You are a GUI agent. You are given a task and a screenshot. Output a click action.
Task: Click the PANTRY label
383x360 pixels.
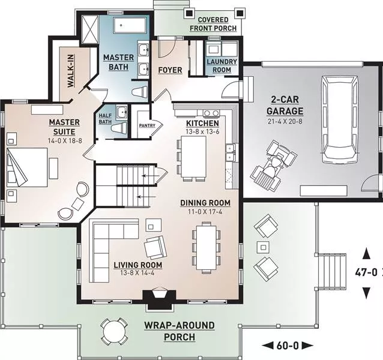[x=147, y=125]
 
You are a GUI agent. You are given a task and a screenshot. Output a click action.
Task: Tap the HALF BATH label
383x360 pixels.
[x=105, y=119]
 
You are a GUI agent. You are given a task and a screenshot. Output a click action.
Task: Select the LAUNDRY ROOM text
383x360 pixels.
[x=222, y=65]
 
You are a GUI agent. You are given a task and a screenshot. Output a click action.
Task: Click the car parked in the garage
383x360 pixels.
[x=340, y=119]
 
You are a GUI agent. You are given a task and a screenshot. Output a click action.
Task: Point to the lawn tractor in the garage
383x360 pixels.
[x=274, y=166]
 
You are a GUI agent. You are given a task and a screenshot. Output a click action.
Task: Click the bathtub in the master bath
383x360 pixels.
[x=130, y=25]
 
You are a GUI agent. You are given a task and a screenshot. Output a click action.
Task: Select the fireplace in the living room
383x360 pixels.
[x=159, y=299]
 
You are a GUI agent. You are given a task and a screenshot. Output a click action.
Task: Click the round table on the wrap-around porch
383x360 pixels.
[x=115, y=331]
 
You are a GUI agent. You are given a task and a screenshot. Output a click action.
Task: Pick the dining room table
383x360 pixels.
[x=207, y=247]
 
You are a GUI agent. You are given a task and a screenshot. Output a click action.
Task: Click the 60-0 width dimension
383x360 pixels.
[x=288, y=346]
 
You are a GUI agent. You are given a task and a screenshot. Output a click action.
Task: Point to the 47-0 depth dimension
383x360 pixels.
[x=366, y=272]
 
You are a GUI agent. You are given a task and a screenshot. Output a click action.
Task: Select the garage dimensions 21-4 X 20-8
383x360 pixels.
[x=285, y=121]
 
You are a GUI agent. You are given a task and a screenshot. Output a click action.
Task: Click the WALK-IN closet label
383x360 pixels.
[x=71, y=71]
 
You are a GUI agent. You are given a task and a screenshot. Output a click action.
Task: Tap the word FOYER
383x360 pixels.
[x=170, y=70]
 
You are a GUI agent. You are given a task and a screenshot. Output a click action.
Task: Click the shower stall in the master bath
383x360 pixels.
[x=89, y=29]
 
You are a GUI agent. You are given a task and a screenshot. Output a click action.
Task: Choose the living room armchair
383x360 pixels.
[x=156, y=247]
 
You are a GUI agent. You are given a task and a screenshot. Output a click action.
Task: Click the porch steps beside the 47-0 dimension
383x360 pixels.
[x=332, y=272]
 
